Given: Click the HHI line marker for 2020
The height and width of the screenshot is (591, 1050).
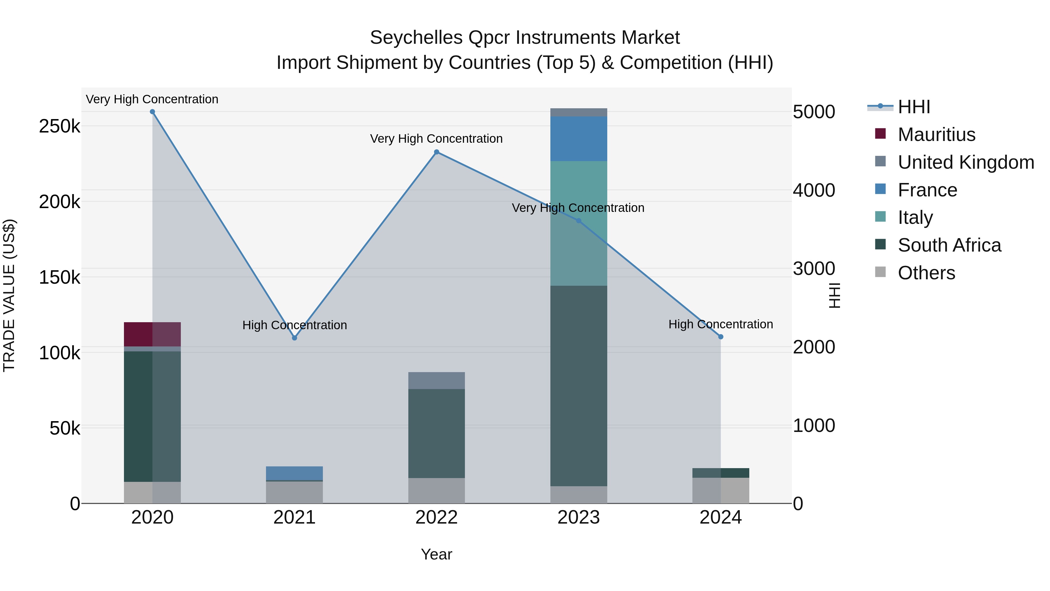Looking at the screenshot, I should click(x=153, y=112).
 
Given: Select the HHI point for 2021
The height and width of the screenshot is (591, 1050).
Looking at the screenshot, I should click(x=295, y=338).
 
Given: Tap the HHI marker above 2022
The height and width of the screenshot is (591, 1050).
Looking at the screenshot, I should click(x=437, y=152).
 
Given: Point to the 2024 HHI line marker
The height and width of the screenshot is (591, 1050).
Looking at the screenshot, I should click(x=721, y=337).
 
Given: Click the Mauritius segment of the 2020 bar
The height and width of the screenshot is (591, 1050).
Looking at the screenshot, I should click(x=153, y=334).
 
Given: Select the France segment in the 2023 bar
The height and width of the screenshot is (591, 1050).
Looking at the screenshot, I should click(x=578, y=139).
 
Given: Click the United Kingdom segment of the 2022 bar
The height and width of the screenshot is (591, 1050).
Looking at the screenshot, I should click(x=437, y=381).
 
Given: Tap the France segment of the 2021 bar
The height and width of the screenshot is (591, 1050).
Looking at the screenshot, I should click(x=295, y=473).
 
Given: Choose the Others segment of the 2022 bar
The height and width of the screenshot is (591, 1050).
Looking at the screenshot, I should click(x=437, y=490).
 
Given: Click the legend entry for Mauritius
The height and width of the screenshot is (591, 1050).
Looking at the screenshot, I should click(x=936, y=135).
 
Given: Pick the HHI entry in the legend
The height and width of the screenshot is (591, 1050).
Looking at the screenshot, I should click(x=914, y=107).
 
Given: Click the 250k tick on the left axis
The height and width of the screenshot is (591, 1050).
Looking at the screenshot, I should click(x=60, y=126).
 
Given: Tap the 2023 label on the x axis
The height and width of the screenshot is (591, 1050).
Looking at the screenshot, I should click(x=578, y=517).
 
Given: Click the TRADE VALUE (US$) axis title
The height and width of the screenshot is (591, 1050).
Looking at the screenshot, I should click(x=9, y=295).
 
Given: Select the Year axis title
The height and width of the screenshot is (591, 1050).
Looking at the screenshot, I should click(x=437, y=554).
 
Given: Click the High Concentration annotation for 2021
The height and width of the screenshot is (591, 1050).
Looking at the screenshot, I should click(x=295, y=325).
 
